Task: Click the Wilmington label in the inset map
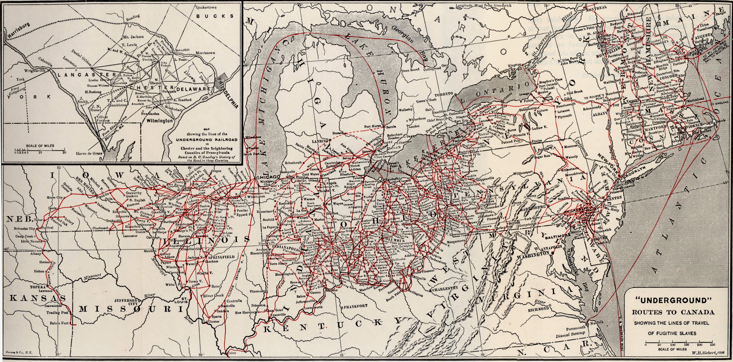160,121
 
